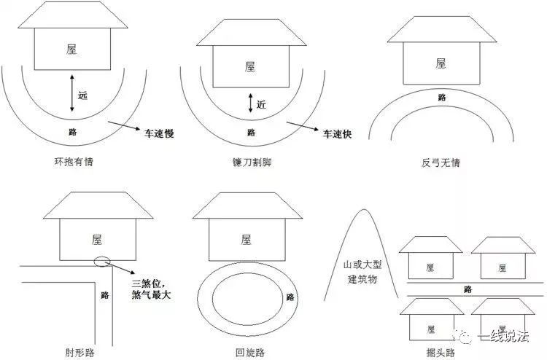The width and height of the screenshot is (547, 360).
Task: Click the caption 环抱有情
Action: pos(74,162)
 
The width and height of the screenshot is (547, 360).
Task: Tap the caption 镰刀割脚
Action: pos(252,163)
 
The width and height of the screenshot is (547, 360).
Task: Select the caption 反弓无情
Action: pos(441,163)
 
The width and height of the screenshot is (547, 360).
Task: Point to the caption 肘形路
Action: pos(80,352)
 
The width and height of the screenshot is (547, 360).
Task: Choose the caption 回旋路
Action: pos(250,352)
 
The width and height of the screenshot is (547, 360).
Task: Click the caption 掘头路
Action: pos(441,352)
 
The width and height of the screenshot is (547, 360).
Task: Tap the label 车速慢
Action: pos(159,133)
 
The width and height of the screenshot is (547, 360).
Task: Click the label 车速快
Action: pos(338,134)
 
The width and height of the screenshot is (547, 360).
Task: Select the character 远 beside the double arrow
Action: pos(82,95)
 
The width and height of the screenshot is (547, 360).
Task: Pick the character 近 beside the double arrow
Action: pos(261,104)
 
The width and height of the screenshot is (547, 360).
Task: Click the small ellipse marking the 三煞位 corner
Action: pos(102,261)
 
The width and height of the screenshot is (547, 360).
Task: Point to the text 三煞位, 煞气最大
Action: pos(151,289)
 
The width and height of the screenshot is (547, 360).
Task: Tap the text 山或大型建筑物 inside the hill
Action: pos(362,272)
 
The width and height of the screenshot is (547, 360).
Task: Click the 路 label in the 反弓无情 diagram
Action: pos(442,97)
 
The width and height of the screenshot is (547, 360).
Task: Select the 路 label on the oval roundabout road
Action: pos(290,297)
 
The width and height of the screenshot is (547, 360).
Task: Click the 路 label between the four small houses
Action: pos(468,289)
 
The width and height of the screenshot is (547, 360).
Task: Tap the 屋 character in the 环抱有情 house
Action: pos(71,49)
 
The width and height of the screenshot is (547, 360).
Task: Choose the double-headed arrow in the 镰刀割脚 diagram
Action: pos(250,103)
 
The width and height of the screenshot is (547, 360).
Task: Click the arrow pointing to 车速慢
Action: pos(124,126)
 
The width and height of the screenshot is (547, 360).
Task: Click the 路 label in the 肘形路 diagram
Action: pos(104,295)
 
